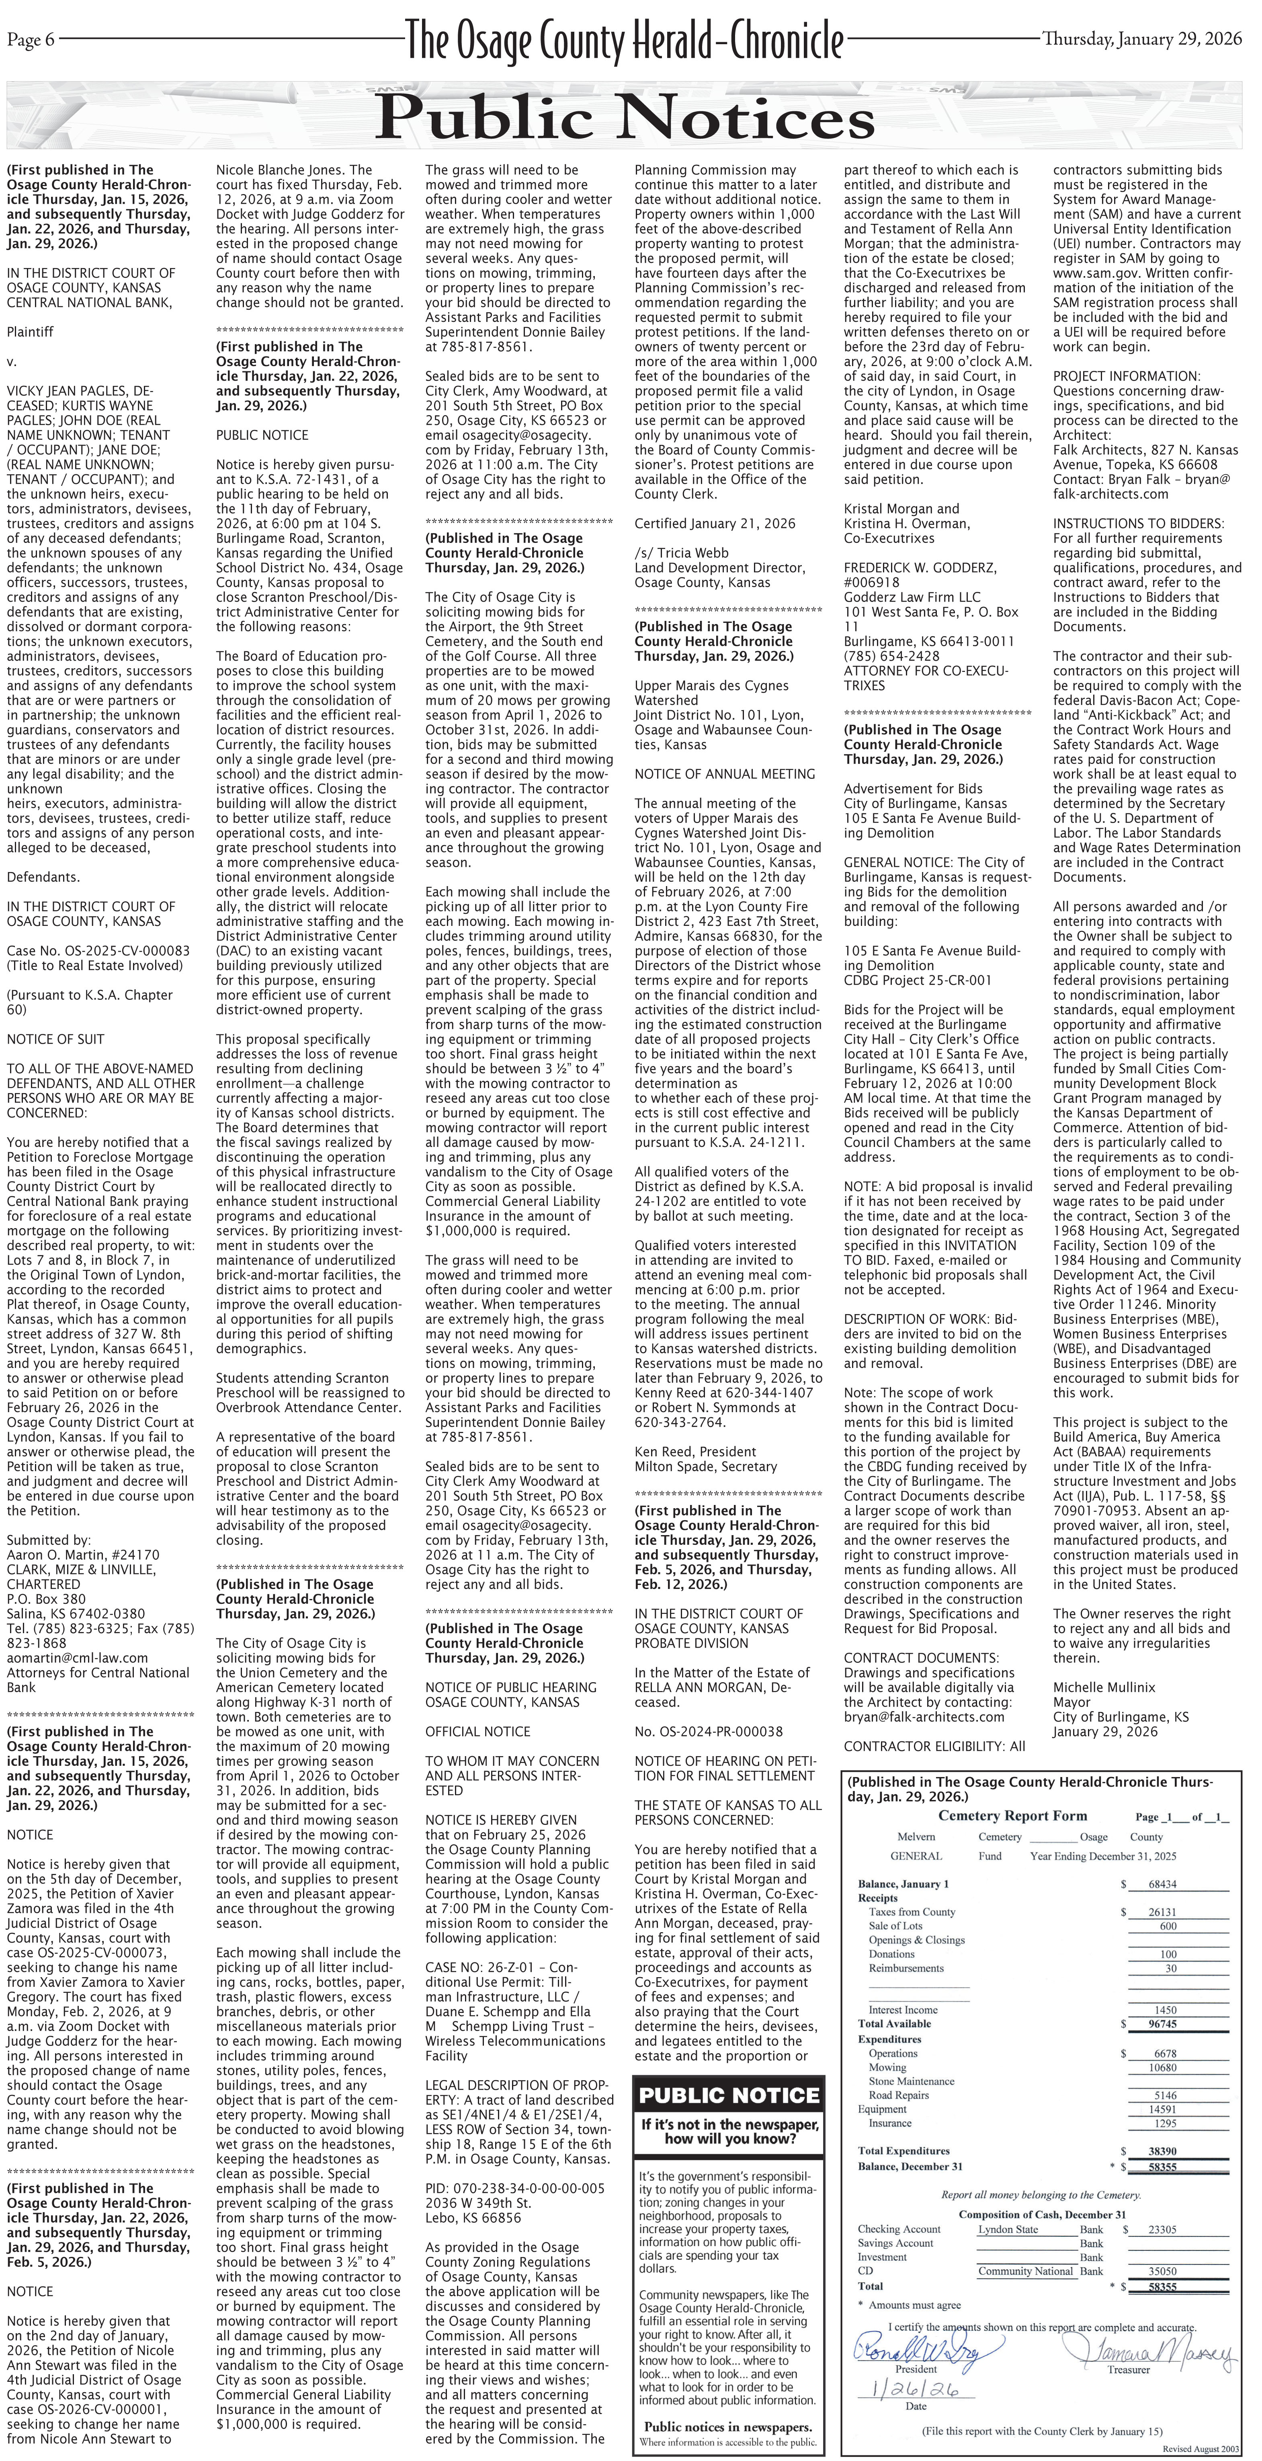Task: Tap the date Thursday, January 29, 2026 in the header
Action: tap(1141, 39)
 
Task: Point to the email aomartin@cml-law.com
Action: tap(78, 1658)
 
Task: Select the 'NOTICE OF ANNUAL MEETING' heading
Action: tap(724, 774)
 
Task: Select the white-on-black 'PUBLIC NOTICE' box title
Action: tap(729, 2096)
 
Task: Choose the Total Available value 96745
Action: tap(1162, 2023)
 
